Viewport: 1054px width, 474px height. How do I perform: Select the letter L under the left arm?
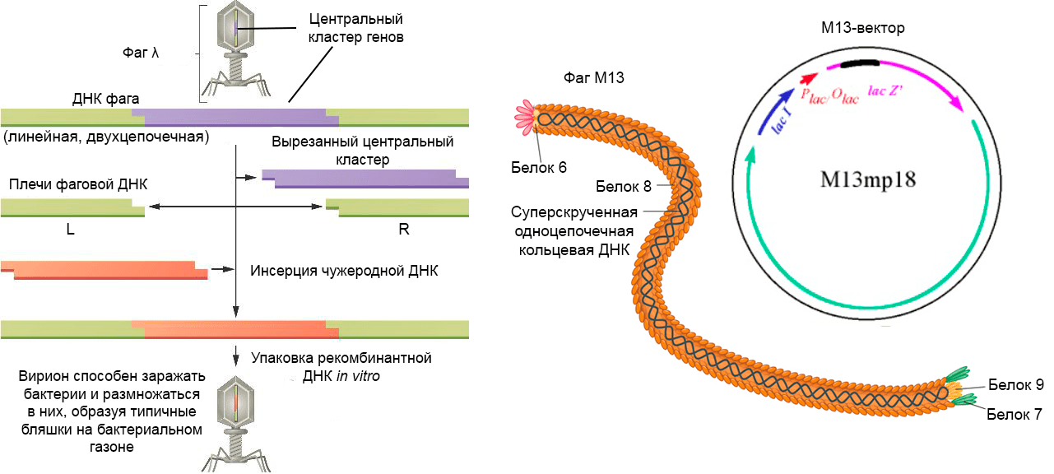tap(71, 230)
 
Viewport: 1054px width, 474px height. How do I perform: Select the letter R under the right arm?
tap(403, 230)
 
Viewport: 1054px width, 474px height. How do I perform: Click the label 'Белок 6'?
tap(539, 168)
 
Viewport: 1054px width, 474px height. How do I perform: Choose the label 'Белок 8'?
tap(624, 186)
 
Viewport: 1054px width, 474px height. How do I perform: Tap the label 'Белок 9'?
tap(1016, 384)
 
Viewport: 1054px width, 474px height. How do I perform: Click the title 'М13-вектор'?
tap(862, 29)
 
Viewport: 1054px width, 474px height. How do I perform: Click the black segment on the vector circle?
tap(859, 63)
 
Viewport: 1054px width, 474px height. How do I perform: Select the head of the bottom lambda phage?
tap(235, 400)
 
